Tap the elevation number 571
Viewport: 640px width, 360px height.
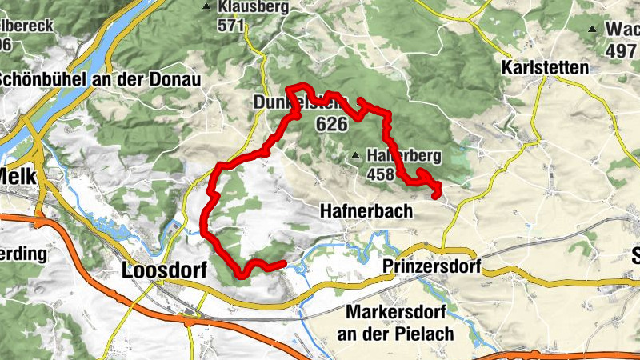[230, 24]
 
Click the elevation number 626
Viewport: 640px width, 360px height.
[332, 123]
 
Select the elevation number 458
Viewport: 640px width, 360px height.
[381, 173]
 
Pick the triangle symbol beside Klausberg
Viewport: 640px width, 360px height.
[208, 7]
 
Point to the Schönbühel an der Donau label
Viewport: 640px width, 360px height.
[100, 80]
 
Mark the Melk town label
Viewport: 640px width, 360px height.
[14, 175]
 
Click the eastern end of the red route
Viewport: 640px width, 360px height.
[437, 194]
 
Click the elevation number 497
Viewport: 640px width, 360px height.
[622, 51]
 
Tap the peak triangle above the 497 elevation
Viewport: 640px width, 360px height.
[593, 30]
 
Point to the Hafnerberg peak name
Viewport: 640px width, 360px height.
[405, 156]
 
